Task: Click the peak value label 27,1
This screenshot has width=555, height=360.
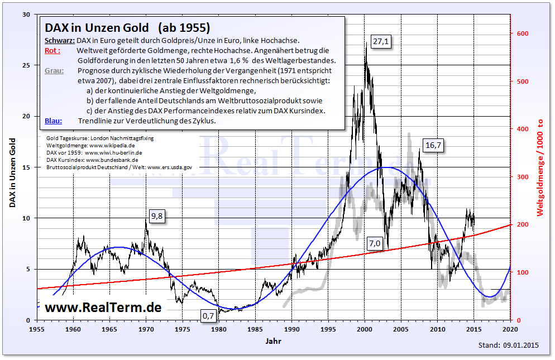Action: [x=381, y=41]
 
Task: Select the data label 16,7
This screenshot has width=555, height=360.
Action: [x=434, y=145]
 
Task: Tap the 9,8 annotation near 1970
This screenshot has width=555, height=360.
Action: [x=157, y=216]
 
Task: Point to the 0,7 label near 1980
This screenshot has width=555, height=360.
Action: [x=208, y=316]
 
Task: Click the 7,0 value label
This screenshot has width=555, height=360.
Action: [x=374, y=243]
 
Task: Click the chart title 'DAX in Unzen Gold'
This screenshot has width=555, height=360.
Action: [x=97, y=27]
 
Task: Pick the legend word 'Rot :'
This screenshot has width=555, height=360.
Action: [x=52, y=51]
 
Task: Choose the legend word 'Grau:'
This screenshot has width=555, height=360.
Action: [x=54, y=71]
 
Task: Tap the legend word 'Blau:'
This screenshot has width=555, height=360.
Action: [x=53, y=121]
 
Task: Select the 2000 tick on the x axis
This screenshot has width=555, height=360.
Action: [x=365, y=328]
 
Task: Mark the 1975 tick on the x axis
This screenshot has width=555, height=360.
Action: [x=183, y=328]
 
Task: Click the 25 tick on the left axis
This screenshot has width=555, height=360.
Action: [x=26, y=65]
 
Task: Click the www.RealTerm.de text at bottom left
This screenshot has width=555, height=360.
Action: [x=103, y=308]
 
